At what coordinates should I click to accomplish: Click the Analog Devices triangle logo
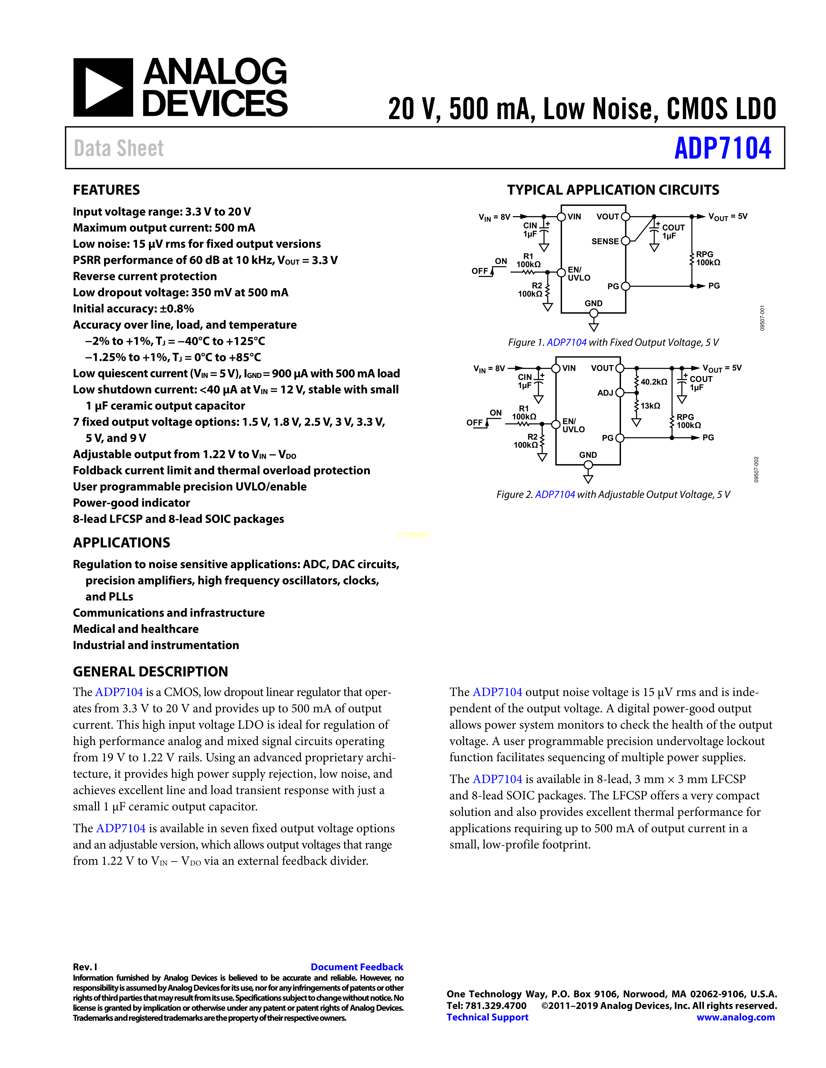(x=103, y=87)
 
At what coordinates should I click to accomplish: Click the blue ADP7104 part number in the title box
(x=722, y=148)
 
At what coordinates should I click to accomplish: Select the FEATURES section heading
(x=106, y=190)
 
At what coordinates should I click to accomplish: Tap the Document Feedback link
(x=357, y=967)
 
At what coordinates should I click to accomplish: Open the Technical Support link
(x=488, y=1017)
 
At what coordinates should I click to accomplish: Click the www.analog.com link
(x=736, y=1017)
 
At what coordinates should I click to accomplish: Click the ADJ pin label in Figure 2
(x=605, y=393)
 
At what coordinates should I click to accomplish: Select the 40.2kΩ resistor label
(x=654, y=382)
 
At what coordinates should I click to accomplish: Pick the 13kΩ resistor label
(x=650, y=406)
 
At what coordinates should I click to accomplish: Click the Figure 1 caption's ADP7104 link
(x=566, y=342)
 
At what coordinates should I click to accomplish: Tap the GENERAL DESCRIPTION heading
(x=150, y=672)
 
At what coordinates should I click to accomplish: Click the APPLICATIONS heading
(x=121, y=542)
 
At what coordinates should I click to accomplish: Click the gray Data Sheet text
(x=119, y=148)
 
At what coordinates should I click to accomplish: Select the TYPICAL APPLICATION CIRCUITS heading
(x=613, y=190)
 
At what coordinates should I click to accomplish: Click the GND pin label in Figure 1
(x=593, y=303)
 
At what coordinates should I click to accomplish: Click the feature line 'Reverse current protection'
(x=145, y=276)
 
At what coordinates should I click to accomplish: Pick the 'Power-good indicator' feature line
(x=131, y=503)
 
